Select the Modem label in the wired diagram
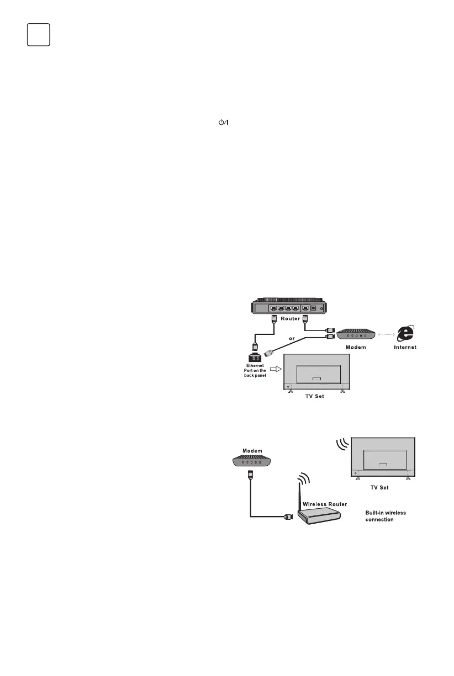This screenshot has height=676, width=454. point(356,348)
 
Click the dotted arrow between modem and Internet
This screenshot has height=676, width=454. point(386,334)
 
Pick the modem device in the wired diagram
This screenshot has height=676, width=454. point(356,334)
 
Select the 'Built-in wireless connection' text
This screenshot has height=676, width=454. point(386,516)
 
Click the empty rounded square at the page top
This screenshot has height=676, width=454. point(39,34)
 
